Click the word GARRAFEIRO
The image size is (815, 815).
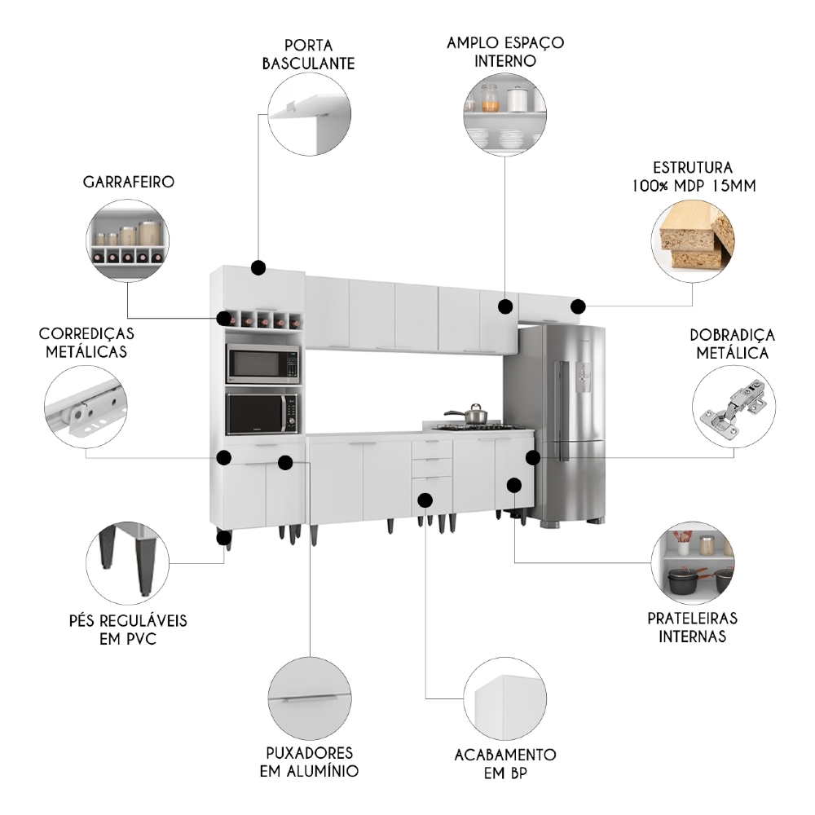(x=127, y=182)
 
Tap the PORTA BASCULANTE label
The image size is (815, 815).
(x=308, y=53)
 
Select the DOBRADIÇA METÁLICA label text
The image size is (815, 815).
(x=732, y=344)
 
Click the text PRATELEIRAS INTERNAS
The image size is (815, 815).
(x=692, y=628)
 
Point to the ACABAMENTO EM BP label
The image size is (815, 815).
(x=505, y=764)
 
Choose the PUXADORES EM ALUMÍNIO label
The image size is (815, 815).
(x=309, y=761)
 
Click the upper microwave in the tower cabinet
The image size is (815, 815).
(x=262, y=363)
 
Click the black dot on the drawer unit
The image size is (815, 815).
(x=425, y=499)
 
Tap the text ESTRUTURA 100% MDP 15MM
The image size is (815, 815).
(x=693, y=176)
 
